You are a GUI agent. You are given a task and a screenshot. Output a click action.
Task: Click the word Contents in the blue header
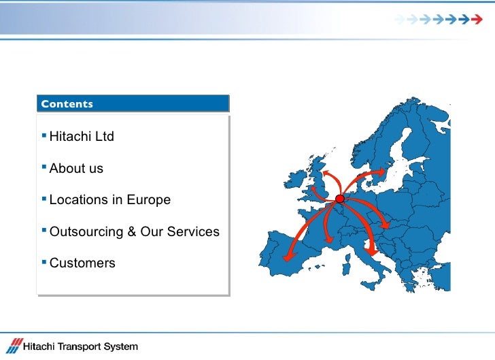tap(67, 104)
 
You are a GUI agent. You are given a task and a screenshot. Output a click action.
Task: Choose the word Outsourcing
tap(86, 232)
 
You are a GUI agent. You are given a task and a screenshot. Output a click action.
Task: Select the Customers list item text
tap(82, 263)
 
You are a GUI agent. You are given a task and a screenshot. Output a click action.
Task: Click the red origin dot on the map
tap(339, 198)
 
